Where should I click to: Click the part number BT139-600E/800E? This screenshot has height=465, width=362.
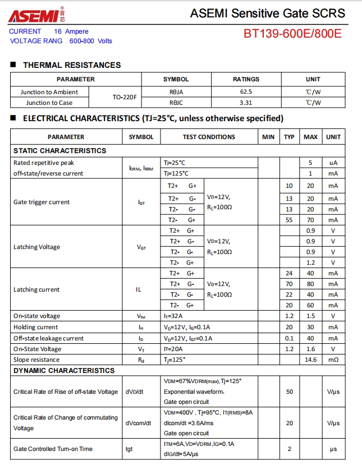292,34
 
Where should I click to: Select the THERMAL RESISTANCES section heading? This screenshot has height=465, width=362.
72,65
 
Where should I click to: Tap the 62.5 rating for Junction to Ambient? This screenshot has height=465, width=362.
246,92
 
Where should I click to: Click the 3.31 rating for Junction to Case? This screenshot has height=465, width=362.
246,103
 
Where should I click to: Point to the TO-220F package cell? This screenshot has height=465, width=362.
125,98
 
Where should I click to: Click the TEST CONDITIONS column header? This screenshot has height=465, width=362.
209,137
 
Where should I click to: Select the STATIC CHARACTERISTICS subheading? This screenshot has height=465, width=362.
59,150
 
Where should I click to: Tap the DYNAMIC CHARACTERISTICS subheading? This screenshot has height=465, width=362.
63,370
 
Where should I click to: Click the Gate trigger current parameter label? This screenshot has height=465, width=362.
42,202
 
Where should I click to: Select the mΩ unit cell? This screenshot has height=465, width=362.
333,360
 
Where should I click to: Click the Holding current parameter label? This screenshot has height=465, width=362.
35,327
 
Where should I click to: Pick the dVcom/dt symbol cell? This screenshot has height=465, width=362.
138,423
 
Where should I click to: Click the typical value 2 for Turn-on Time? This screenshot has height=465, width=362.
289,449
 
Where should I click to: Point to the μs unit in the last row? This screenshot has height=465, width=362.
333,449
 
